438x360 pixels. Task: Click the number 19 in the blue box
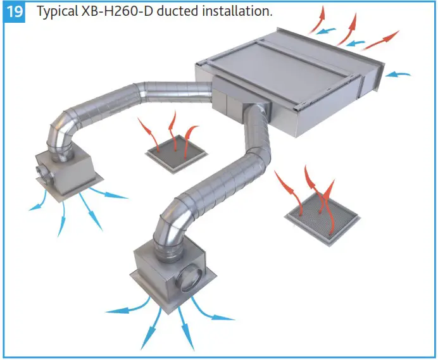(16, 13)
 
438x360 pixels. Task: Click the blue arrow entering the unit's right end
(397, 75)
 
